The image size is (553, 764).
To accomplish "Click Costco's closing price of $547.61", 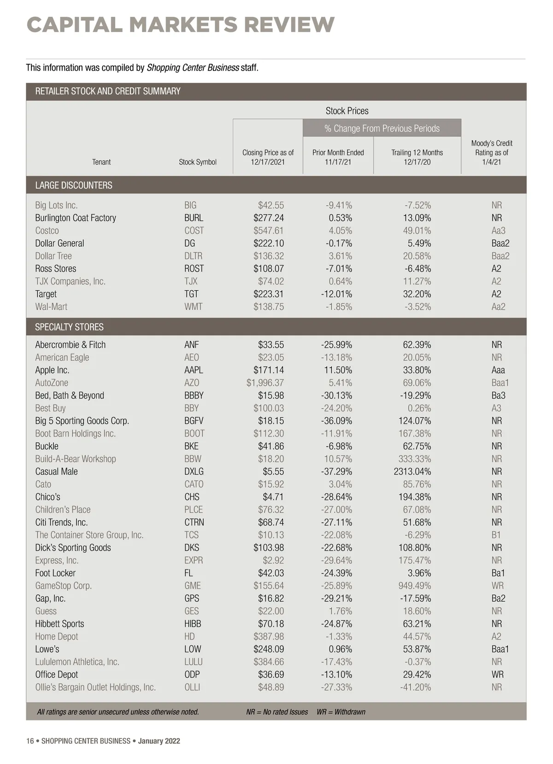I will click(x=268, y=231).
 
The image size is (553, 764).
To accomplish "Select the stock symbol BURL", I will click(x=194, y=218).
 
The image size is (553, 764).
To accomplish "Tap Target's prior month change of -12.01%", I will click(x=336, y=294).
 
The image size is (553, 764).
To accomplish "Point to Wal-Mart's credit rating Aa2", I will click(x=498, y=307).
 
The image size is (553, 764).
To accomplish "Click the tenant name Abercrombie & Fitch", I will click(x=71, y=344).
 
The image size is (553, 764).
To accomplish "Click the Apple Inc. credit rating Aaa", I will click(x=498, y=370).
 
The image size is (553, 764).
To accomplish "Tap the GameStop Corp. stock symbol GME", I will click(x=193, y=586).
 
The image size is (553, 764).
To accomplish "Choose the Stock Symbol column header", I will click(x=198, y=162).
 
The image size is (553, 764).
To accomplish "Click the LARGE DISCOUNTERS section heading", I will click(x=74, y=185).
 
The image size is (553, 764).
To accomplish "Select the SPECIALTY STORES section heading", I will click(x=69, y=327).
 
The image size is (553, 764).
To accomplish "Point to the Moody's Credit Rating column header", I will click(x=492, y=153).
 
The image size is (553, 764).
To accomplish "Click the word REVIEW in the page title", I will click(x=289, y=25).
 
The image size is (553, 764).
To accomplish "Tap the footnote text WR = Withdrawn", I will click(x=341, y=712).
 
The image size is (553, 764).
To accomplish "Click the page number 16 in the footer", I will click(x=30, y=741).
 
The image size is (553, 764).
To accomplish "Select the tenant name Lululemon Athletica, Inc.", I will click(x=77, y=662).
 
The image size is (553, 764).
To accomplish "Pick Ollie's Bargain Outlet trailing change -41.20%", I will click(x=416, y=687).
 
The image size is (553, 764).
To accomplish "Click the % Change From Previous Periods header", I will click(x=382, y=128).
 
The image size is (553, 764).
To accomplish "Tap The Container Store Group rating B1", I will click(x=496, y=535).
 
